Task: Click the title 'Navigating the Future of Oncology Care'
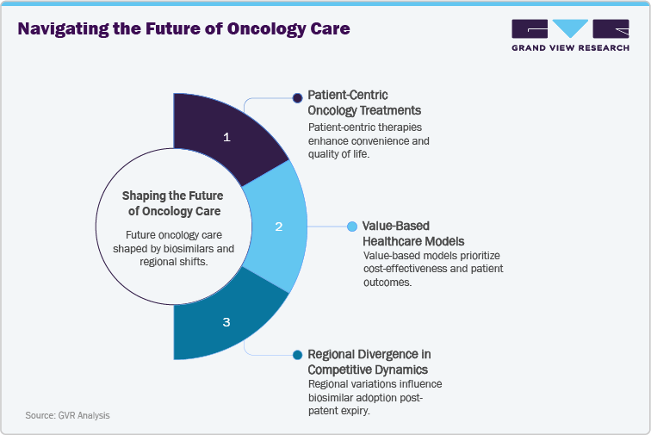[184, 28]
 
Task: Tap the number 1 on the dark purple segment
[226, 137]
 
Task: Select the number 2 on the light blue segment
[278, 227]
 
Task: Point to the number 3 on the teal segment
[226, 322]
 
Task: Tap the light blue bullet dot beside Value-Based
[351, 227]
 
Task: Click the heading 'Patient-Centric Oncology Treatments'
[365, 103]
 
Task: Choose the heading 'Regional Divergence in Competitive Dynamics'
[369, 362]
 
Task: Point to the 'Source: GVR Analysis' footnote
[67, 415]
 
